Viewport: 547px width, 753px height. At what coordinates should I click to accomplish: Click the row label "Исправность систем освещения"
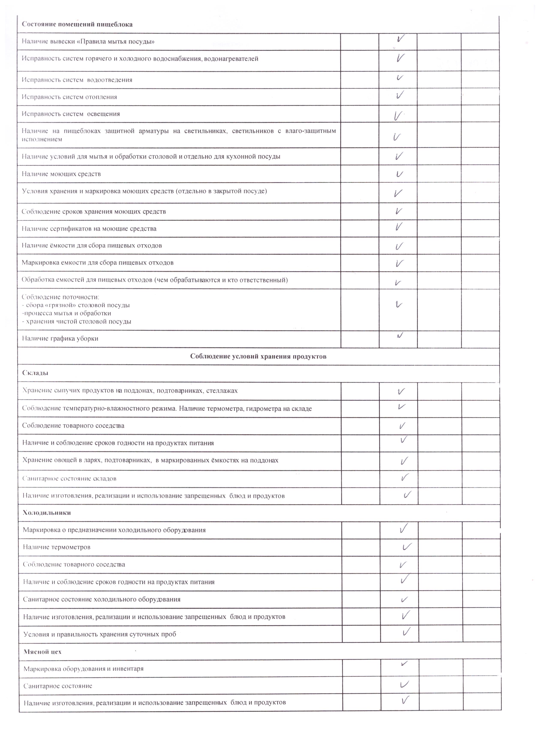pos(71,114)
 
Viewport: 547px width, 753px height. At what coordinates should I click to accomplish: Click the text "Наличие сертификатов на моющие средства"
pos(89,228)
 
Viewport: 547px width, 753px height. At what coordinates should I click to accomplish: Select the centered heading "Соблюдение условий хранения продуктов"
pos(258,356)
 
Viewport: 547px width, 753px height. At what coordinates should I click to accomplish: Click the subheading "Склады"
pos(35,372)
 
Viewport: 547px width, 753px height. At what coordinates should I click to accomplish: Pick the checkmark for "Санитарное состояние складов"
pos(405,477)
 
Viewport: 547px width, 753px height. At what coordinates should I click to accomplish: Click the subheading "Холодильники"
pos(47,512)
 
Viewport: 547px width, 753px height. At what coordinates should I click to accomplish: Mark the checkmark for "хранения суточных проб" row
pos(406,631)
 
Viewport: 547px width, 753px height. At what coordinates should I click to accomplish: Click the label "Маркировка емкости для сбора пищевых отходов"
pos(98,263)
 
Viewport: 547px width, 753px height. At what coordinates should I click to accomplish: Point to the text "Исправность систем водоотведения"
pos(77,80)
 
